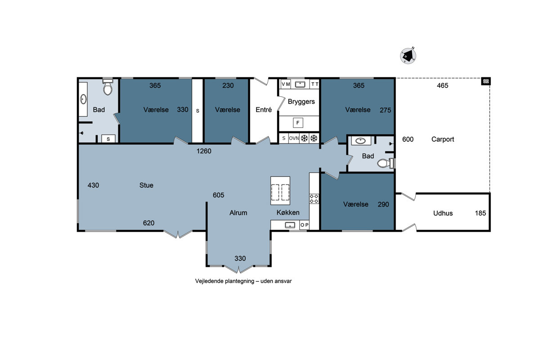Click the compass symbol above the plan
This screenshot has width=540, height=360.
[408, 56]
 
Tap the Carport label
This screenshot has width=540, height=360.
[443, 139]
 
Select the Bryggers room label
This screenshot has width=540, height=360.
[301, 102]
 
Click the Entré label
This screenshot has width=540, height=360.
[264, 110]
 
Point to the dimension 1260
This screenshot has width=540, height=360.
[204, 151]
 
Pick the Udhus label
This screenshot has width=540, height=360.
[443, 213]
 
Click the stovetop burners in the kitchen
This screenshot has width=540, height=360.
[314, 199]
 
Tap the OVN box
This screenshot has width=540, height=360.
[294, 139]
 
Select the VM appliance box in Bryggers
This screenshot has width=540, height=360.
[285, 84]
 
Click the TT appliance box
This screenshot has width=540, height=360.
[315, 84]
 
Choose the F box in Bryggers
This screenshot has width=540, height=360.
[298, 123]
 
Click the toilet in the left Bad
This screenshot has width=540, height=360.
[108, 86]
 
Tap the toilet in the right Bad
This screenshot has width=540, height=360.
[386, 163]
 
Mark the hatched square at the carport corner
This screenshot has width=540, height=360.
[486, 81]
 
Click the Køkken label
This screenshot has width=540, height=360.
[288, 212]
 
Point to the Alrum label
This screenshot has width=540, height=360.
[238, 213]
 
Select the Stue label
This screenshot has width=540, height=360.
[146, 185]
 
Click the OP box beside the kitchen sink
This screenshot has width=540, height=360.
[304, 225]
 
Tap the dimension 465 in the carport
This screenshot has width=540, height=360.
[442, 85]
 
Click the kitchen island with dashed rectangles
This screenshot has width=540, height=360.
[280, 191]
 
